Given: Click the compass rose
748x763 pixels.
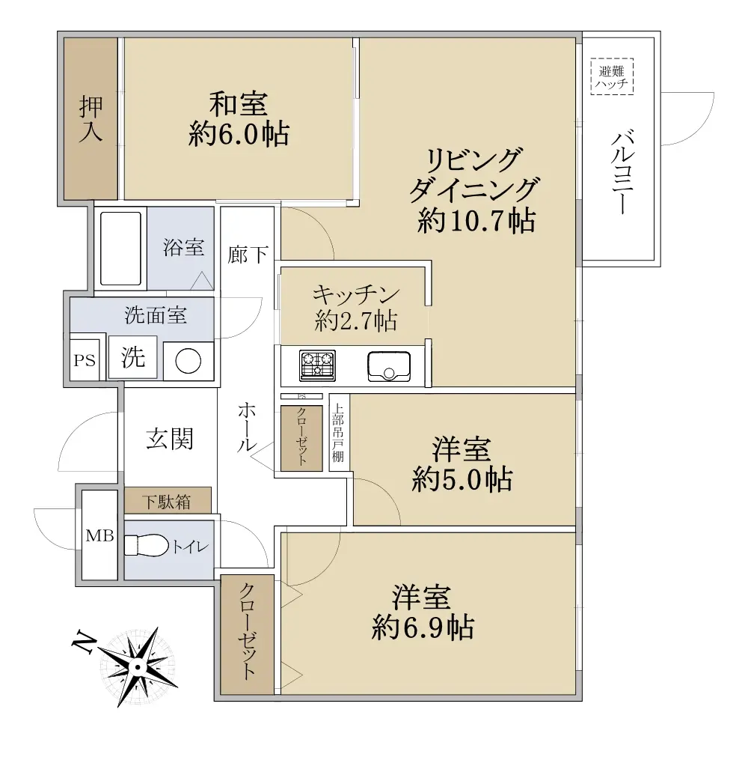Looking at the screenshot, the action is click(x=138, y=666).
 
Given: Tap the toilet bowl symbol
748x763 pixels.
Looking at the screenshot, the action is click(x=147, y=546).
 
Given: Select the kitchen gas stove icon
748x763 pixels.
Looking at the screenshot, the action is click(x=317, y=365).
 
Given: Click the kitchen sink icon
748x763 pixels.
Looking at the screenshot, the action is click(x=389, y=366).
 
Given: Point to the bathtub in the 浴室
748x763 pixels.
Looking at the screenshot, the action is click(x=121, y=248).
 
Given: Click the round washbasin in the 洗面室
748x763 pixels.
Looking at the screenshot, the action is click(x=188, y=362).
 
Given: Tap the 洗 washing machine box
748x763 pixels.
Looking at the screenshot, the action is click(x=132, y=357).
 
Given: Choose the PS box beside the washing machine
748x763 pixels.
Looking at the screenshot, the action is click(x=85, y=359).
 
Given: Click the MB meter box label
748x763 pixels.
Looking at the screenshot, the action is click(x=99, y=536).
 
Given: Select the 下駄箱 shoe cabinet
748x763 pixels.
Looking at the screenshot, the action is click(x=168, y=500).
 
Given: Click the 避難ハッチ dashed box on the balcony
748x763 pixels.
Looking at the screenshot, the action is click(x=612, y=76).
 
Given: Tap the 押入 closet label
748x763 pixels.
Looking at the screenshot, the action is click(x=91, y=119).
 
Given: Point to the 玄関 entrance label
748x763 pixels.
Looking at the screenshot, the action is click(x=170, y=439).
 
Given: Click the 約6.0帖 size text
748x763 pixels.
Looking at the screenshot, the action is click(x=239, y=134).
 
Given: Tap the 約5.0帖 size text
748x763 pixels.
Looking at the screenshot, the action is click(x=462, y=479).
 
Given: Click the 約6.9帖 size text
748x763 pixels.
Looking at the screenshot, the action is click(x=423, y=627).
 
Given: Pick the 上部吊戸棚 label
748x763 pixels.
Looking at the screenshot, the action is click(x=338, y=433).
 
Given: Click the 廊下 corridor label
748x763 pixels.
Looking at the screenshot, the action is click(x=248, y=255).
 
